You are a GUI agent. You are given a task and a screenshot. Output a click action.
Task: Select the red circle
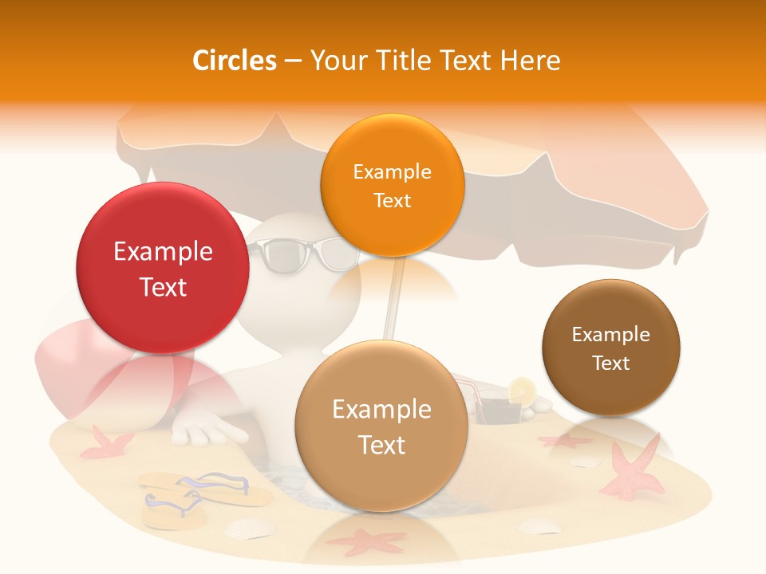162,268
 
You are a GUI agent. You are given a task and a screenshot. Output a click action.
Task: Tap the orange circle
392,185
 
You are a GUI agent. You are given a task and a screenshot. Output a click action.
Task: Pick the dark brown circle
610,348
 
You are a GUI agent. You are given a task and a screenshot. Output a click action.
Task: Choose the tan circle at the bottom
381,426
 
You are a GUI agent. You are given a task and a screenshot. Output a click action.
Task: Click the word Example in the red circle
163,252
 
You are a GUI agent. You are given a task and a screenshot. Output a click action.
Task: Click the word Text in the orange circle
392,200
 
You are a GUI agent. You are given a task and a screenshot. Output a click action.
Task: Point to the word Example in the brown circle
610,334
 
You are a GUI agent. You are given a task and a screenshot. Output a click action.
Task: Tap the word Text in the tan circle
381,445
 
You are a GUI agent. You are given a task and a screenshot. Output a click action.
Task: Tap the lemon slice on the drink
523,390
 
